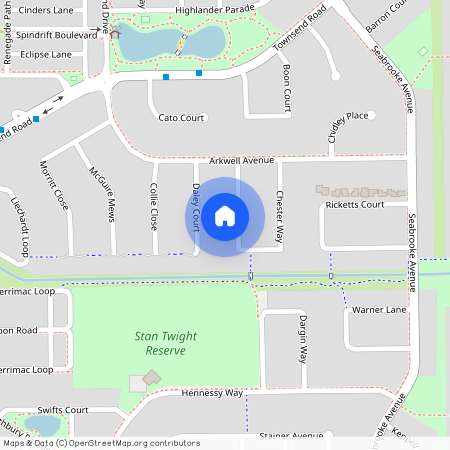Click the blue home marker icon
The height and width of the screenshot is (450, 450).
point(225,216)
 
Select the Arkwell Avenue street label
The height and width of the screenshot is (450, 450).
point(241,160)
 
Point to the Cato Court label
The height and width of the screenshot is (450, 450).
point(181,118)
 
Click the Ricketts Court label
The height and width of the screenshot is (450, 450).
point(355,205)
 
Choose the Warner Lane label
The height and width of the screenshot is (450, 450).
point(379,310)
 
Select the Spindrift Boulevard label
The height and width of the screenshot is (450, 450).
point(57,35)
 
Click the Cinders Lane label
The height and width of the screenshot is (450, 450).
point(47,11)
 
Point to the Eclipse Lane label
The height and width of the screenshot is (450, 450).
point(46,54)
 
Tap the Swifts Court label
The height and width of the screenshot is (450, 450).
point(63,410)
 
